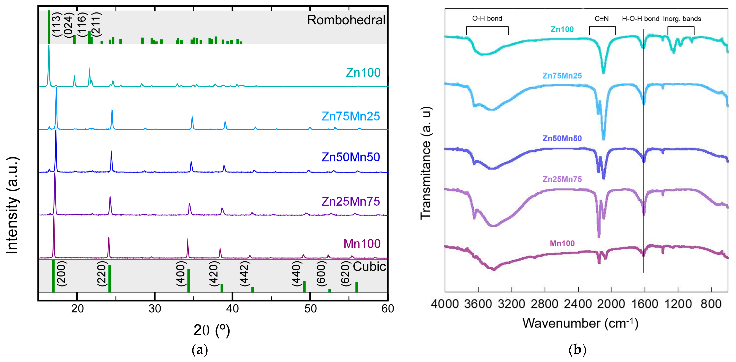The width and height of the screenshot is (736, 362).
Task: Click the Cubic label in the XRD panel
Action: point(369,267)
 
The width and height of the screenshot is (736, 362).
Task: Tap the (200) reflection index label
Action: point(62,274)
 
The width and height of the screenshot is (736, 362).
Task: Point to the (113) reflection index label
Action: point(57,24)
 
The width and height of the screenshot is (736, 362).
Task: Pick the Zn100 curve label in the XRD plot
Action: point(363,73)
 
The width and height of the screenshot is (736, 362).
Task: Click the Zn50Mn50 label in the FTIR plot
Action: point(562,138)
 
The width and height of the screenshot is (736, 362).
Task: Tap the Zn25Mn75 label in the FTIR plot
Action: point(562,179)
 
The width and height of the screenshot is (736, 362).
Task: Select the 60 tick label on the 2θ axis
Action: point(387,309)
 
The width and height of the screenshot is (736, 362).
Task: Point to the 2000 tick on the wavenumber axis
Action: point(611,304)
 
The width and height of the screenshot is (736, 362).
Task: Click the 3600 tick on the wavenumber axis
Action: point(478,304)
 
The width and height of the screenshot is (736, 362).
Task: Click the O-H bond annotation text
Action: point(487,19)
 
